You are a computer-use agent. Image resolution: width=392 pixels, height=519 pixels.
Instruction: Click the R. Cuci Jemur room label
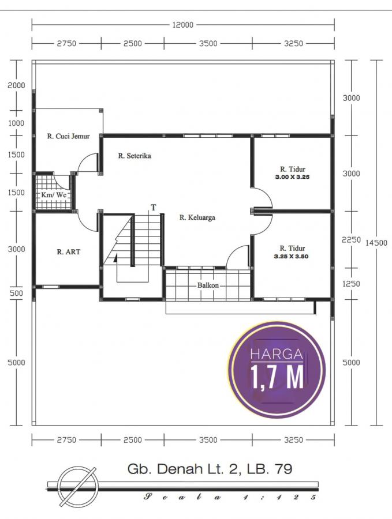tap(68, 136)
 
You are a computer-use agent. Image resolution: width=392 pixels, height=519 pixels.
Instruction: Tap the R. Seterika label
tap(135, 156)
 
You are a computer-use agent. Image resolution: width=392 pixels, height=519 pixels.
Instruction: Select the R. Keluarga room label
tap(197, 217)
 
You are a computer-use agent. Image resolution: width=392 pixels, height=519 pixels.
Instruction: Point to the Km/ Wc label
tap(53, 195)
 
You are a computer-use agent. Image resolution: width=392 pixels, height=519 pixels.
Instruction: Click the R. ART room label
tap(68, 252)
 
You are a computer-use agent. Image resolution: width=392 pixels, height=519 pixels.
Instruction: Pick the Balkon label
tap(208, 285)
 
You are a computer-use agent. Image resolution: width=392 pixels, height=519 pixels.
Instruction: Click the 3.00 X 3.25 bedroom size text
tap(292, 177)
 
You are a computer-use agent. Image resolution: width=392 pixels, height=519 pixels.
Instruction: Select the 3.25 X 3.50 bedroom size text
tap(292, 256)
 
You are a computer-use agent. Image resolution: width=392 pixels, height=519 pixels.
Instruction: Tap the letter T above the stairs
tap(154, 208)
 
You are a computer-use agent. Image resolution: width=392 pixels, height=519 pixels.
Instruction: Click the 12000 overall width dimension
tap(182, 25)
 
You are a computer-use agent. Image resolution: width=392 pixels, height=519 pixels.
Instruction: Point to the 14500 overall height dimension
tap(376, 243)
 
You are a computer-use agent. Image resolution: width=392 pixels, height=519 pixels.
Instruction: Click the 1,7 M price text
tap(277, 377)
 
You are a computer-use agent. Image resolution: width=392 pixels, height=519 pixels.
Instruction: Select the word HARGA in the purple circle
tap(277, 354)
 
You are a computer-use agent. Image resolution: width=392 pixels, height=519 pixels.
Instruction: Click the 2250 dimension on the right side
tap(351, 240)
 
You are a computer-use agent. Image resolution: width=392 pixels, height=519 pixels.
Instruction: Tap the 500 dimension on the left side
tap(16, 293)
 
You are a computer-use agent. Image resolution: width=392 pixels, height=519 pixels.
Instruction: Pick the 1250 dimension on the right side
tap(351, 284)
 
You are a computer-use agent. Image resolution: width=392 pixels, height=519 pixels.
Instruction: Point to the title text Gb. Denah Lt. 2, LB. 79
tap(210, 469)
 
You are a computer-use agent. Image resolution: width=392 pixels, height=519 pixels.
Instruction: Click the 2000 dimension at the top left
tap(16, 85)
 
